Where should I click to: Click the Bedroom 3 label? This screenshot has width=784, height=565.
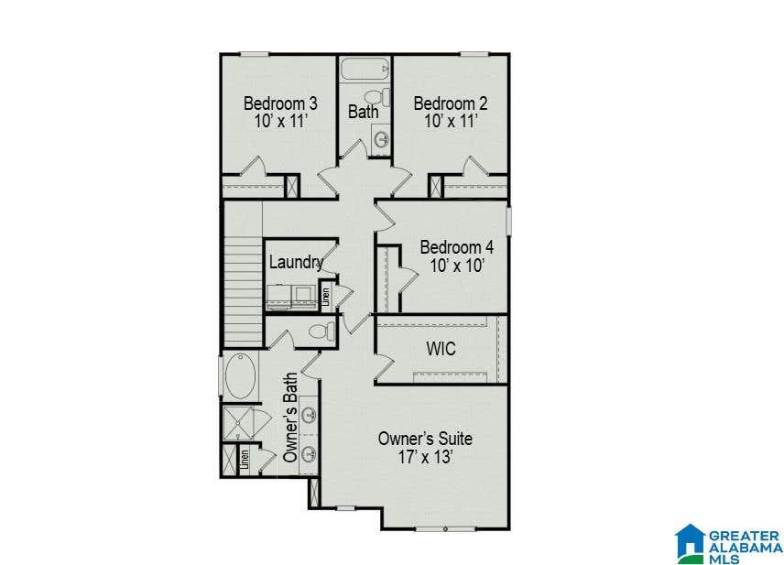click(280, 103)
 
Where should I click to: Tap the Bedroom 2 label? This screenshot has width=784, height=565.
click(451, 103)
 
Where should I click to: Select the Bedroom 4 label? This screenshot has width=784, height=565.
click(456, 247)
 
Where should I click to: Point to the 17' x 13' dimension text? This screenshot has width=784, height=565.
click(426, 457)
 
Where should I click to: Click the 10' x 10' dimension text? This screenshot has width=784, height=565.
click(457, 266)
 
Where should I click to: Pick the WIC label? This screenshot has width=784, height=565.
click(441, 349)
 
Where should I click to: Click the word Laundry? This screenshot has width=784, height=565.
click(296, 263)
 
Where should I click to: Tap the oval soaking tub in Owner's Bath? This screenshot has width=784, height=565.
click(241, 376)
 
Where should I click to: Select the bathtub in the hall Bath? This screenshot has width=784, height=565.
click(365, 69)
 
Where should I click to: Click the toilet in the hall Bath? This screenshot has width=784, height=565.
click(377, 97)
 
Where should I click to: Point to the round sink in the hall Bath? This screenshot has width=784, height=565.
click(382, 139)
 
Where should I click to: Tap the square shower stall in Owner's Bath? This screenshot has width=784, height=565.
click(237, 423)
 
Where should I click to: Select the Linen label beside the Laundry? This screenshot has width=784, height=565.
click(326, 297)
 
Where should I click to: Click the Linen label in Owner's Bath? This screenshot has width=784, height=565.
click(245, 460)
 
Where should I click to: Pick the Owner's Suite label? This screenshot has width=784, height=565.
click(425, 439)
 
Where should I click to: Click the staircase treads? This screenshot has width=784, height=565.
click(243, 291)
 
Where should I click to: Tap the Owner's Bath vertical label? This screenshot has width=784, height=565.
click(290, 418)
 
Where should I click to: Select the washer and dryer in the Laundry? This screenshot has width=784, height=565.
click(290, 297)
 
